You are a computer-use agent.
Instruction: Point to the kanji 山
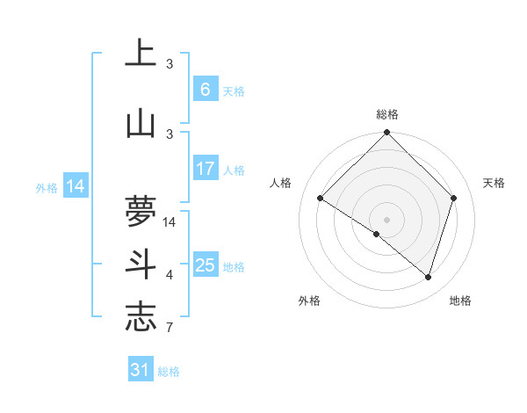pos(141,123)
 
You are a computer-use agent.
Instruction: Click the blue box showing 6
pos(205,90)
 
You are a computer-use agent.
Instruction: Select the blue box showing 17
pos(205,169)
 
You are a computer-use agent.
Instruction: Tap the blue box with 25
pos(205,265)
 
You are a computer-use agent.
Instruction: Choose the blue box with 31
pos(141,370)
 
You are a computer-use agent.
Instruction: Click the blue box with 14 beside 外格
pos(76,186)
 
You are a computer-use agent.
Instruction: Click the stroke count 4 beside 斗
pos(170,275)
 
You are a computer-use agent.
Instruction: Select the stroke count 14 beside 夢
pos(170,221)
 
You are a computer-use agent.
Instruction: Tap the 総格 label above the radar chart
pos(387,114)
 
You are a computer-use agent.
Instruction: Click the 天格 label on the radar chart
pos(494,183)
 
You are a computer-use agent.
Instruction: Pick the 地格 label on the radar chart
pos(460,301)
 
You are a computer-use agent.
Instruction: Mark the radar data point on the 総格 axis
pos(386,134)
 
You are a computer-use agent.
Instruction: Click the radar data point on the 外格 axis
pos(377,234)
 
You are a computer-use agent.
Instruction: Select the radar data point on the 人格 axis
pos(321,198)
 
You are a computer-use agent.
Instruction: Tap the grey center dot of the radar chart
pos(386,219)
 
